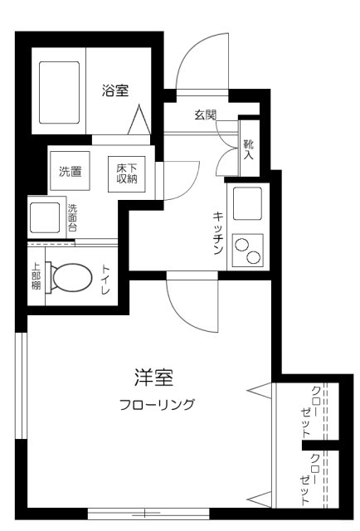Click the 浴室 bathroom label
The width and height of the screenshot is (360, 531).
point(115,90)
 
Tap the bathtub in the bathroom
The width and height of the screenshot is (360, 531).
point(59,92)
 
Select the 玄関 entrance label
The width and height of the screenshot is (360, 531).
point(205,115)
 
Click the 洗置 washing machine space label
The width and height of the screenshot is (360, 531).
point(71,172)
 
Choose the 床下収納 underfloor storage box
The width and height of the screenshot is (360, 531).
point(127,174)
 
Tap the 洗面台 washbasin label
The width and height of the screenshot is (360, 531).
point(72,217)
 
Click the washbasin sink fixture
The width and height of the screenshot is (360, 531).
point(45,217)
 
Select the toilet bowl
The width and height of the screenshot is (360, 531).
point(70,277)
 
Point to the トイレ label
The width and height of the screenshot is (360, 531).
point(106,280)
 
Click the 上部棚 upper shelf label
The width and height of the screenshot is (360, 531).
point(36,276)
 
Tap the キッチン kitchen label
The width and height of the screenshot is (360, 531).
point(218,233)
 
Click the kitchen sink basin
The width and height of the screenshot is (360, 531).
point(247,203)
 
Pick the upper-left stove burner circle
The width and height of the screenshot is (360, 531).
point(242,245)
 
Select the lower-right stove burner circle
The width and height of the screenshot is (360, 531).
point(253,257)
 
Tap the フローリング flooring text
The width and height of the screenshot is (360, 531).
point(158,404)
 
